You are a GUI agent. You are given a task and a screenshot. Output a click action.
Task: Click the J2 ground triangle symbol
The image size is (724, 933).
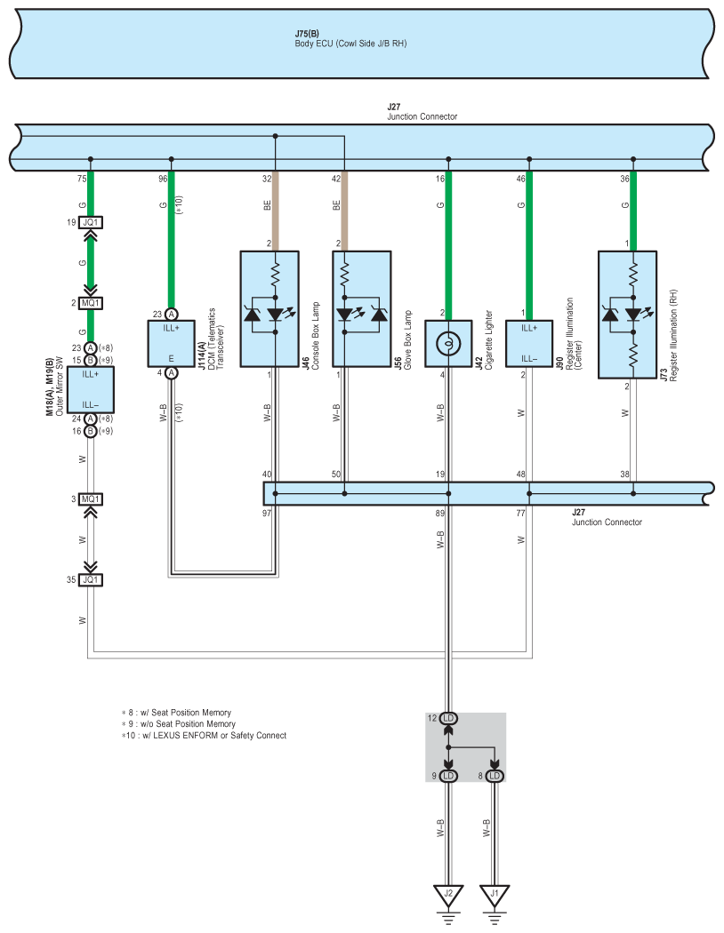point(448,894)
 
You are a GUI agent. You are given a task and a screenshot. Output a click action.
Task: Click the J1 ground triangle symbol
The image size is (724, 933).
point(495,894)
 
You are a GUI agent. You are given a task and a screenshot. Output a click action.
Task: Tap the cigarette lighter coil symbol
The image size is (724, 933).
point(448,343)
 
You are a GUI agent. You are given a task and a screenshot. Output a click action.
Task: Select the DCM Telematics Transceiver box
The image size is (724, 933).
point(172,343)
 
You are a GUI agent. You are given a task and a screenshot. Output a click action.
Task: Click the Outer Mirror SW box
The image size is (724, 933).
point(91,390)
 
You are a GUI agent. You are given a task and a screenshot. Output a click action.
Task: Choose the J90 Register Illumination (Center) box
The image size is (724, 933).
point(529,343)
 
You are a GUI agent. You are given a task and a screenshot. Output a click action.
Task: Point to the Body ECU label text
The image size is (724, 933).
point(350,44)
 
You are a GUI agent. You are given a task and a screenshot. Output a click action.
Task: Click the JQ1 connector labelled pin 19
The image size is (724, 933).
point(91,222)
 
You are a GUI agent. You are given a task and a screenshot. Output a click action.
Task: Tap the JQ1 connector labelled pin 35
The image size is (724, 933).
point(91,579)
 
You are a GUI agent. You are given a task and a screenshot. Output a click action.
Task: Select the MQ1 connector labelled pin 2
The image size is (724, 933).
point(91,303)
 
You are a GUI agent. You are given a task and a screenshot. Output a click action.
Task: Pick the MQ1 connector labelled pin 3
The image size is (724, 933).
point(91,499)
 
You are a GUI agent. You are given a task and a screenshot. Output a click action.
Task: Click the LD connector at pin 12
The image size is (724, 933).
point(448,718)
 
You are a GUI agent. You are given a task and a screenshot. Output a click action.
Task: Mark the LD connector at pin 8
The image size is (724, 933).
point(495,776)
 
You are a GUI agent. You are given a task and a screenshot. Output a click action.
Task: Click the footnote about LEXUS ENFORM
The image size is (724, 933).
point(204,736)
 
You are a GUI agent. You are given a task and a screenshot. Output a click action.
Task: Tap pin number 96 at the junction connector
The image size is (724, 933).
point(163,179)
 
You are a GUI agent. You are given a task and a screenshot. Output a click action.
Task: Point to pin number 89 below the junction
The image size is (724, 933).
point(440,513)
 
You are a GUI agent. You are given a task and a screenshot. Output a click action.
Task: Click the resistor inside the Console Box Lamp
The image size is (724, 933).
point(275,275)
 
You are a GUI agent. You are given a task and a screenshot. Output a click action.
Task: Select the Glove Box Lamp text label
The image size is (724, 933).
point(408,339)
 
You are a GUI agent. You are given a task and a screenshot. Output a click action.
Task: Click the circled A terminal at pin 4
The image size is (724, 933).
point(172,373)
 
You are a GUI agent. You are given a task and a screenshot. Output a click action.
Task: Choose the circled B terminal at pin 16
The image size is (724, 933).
point(91,431)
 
